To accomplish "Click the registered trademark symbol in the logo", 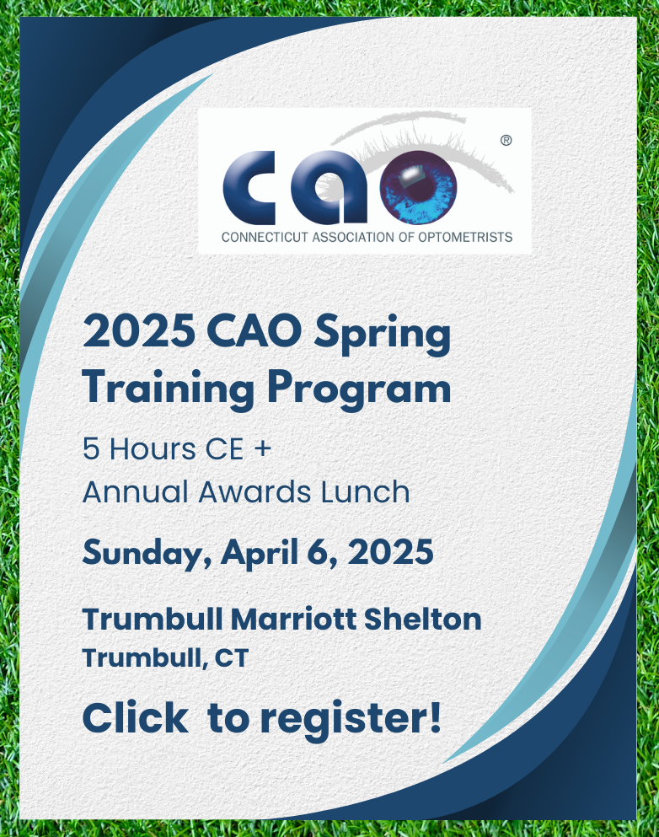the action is pos(506,141).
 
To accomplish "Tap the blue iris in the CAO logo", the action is pos(418,187).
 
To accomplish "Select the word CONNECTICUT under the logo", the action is pos(265,237).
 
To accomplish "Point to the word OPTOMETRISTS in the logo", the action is pos(465,237).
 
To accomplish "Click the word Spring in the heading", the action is pos(382,334).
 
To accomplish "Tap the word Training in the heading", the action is pos(169,389).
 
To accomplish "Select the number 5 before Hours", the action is pos(91,448).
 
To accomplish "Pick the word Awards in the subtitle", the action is pos(254,491).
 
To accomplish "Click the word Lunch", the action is pos(366,491).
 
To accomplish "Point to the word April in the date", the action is pos(260,553).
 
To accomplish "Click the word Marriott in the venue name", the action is pos(293,620).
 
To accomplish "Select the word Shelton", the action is pos(422,620).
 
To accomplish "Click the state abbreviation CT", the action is pos(232,658).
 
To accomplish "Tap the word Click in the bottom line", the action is pos(136,718).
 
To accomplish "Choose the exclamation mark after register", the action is pos(436,717).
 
